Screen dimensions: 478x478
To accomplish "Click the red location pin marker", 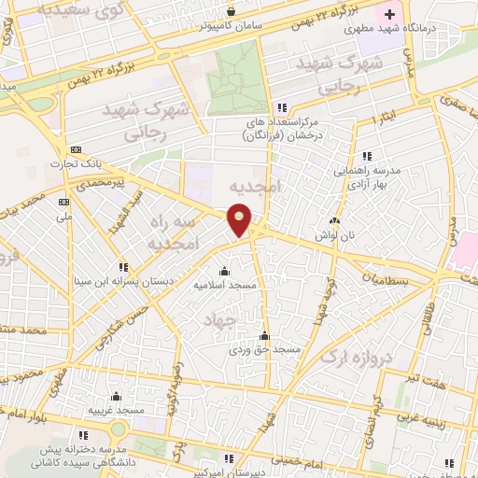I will pyautogui.click(x=241, y=221).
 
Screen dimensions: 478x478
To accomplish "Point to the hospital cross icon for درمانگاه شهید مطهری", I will pyautogui.click(x=389, y=15).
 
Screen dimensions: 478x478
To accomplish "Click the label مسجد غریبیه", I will pyautogui.click(x=116, y=410).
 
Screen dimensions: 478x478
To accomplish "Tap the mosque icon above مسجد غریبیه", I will pyautogui.click(x=116, y=397).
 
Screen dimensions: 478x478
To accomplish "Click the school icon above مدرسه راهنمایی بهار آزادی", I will pyautogui.click(x=367, y=155).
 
